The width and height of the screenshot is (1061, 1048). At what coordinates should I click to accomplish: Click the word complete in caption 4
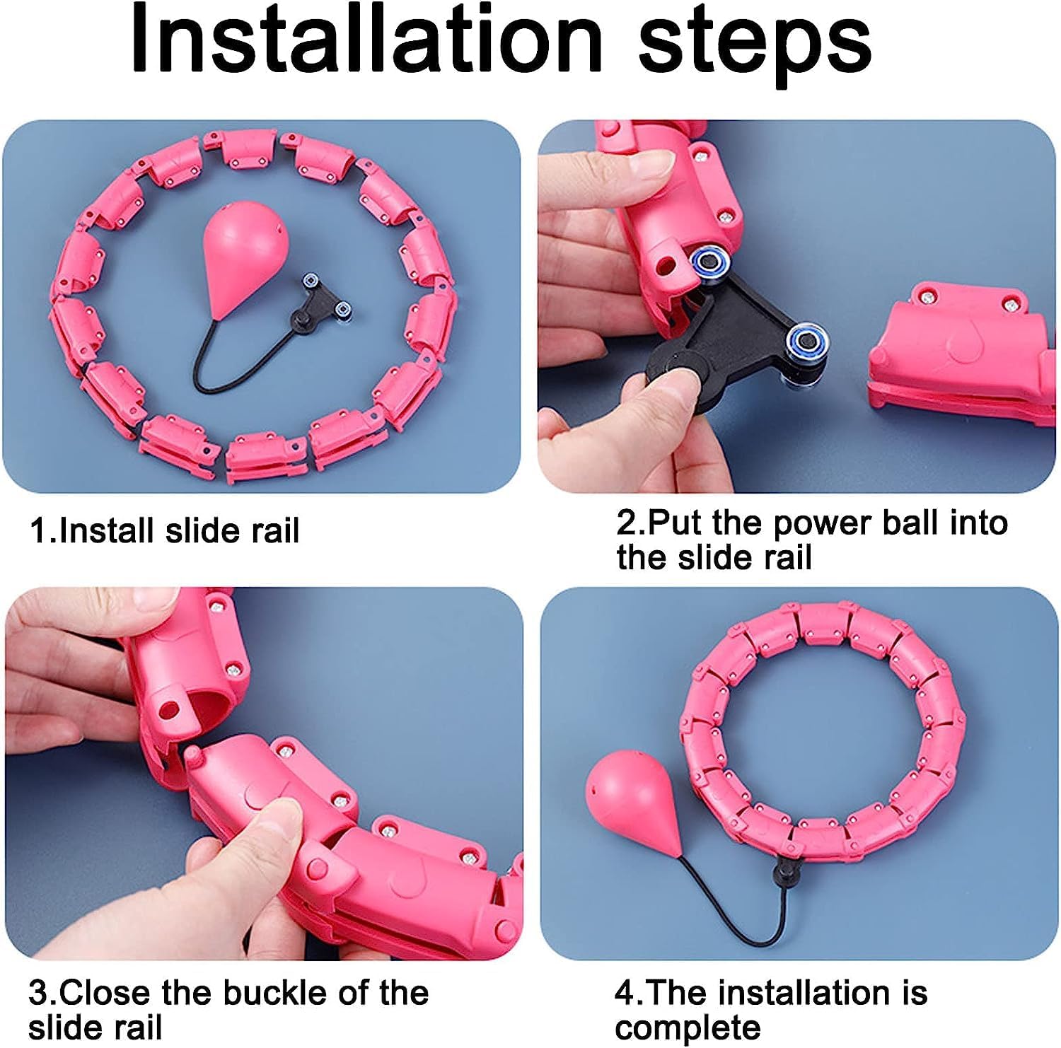(688, 1026)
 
